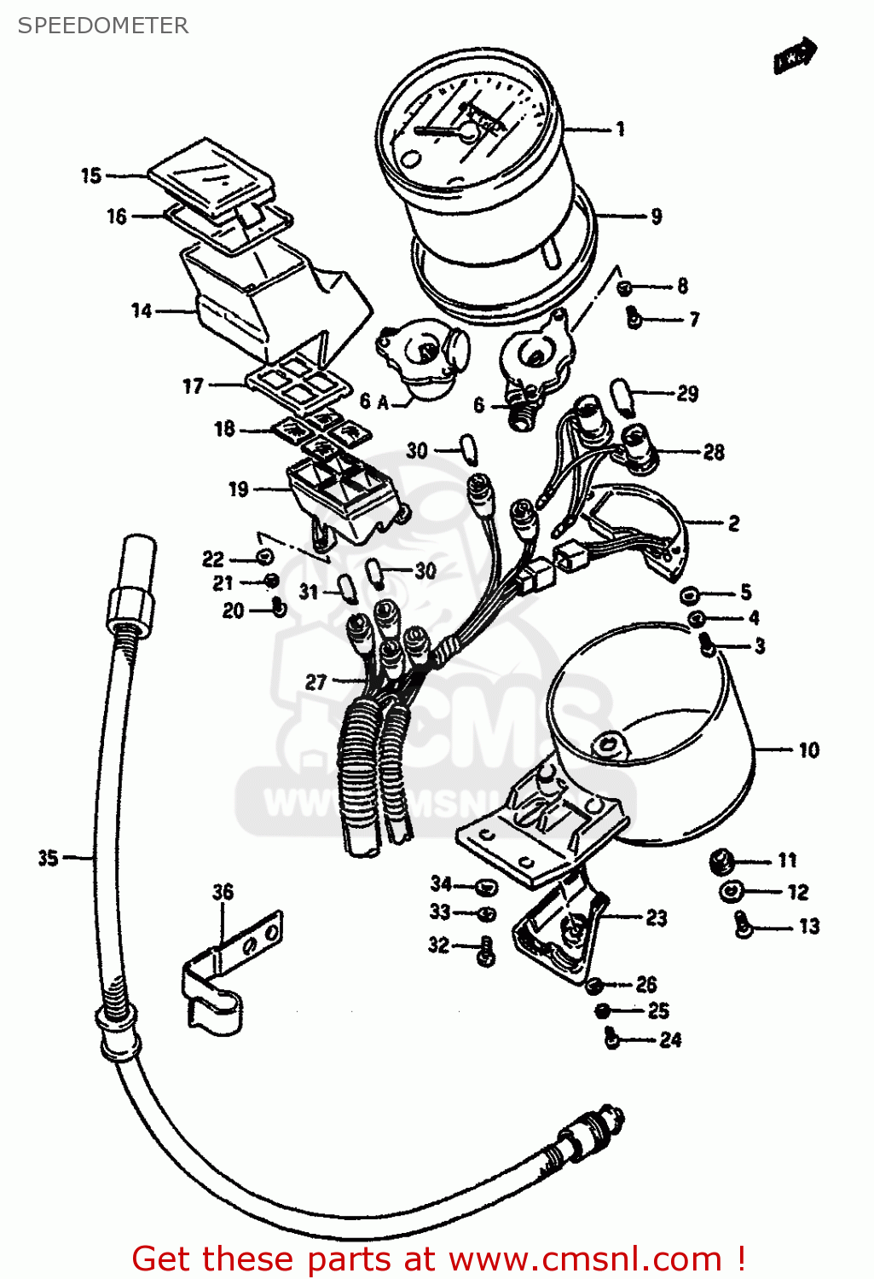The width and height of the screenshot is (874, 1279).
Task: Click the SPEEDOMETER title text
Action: click(x=103, y=26)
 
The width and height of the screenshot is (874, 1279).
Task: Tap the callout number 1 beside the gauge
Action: click(x=621, y=129)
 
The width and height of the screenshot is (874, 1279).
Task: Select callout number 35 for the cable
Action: click(x=48, y=858)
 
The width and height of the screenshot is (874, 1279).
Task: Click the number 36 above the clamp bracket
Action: click(x=223, y=892)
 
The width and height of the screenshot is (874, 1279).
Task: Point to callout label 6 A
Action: click(x=373, y=402)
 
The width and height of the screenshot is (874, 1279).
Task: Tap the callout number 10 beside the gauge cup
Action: click(x=808, y=750)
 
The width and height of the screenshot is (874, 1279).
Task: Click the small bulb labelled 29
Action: click(x=623, y=396)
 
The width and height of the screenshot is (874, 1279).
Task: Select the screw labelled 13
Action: click(x=743, y=924)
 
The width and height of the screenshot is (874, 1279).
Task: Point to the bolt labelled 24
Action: click(x=612, y=1039)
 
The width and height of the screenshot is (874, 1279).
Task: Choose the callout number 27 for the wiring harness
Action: click(x=315, y=682)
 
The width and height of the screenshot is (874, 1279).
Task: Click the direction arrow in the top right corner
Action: click(x=795, y=55)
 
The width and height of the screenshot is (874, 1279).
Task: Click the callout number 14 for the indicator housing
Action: click(x=142, y=310)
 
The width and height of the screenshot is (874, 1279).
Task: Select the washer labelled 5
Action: click(x=689, y=593)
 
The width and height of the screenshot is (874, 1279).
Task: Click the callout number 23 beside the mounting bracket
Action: click(x=656, y=917)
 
